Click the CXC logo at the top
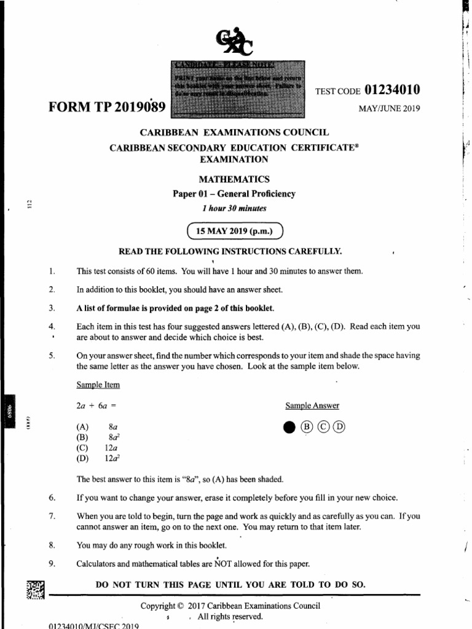(237, 42)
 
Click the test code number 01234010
(392, 90)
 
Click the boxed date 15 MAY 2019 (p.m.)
(234, 232)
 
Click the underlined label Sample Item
(98, 385)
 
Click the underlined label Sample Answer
(312, 406)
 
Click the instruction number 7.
(52, 517)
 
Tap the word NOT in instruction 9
(222, 563)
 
